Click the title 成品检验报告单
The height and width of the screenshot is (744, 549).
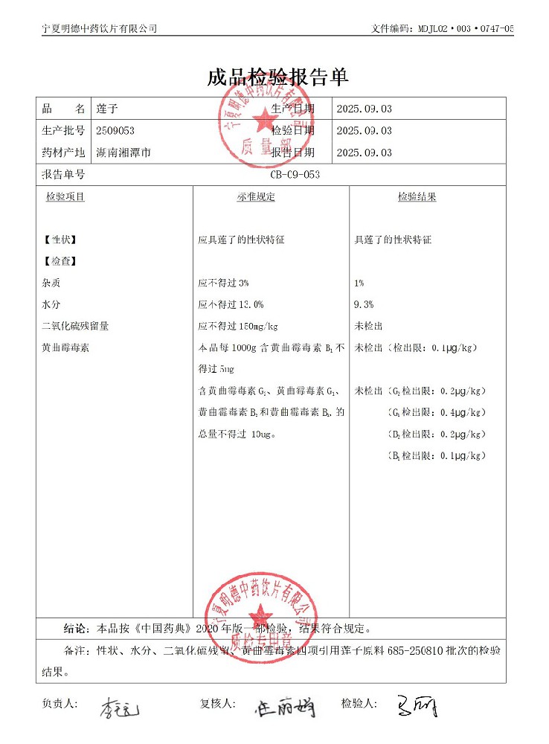pyautogui.click(x=277, y=77)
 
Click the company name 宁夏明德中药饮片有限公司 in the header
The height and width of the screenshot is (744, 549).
pyautogui.click(x=100, y=28)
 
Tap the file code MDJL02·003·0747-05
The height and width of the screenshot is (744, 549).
pyautogui.click(x=462, y=28)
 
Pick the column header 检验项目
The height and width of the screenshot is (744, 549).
pyautogui.click(x=65, y=197)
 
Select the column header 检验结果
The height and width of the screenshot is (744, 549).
pyautogui.click(x=417, y=197)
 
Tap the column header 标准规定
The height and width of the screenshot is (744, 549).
pyautogui.click(x=256, y=197)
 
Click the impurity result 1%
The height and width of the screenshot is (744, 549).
pyautogui.click(x=359, y=283)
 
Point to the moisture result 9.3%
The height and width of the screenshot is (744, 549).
pyautogui.click(x=364, y=304)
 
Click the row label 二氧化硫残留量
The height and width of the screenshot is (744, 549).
pyautogui.click(x=76, y=326)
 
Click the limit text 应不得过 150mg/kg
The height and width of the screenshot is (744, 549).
pyautogui.click(x=238, y=326)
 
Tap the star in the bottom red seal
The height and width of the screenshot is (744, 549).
pyautogui.click(x=260, y=615)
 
